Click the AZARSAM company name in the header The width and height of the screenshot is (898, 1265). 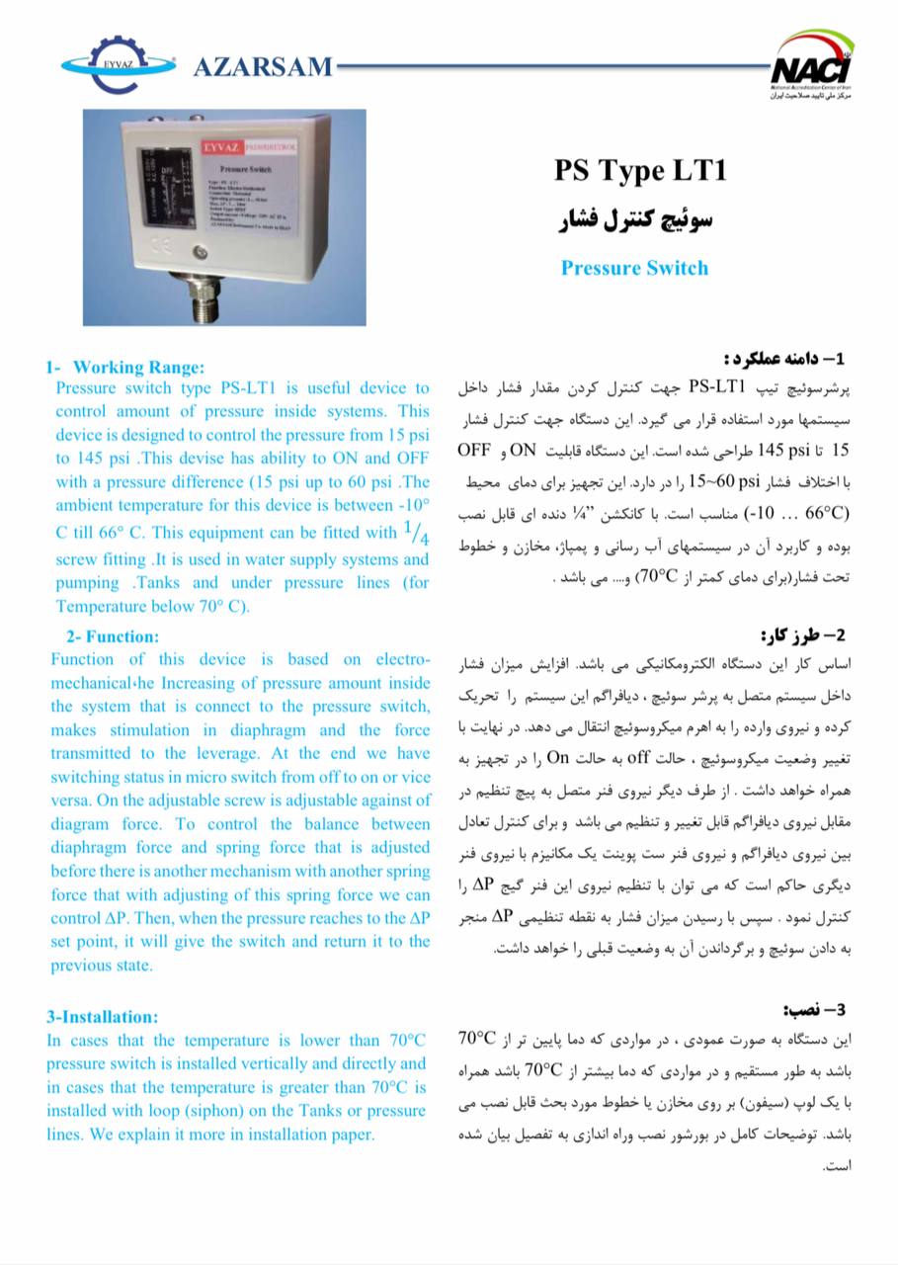pyautogui.click(x=263, y=66)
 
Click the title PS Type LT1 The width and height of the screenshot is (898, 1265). pyautogui.click(x=639, y=171)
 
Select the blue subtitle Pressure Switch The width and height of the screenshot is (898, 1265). pyautogui.click(x=634, y=267)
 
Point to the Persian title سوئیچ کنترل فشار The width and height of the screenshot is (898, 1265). pyautogui.click(x=637, y=219)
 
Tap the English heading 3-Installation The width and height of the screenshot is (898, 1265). pyautogui.click(x=102, y=1016)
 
